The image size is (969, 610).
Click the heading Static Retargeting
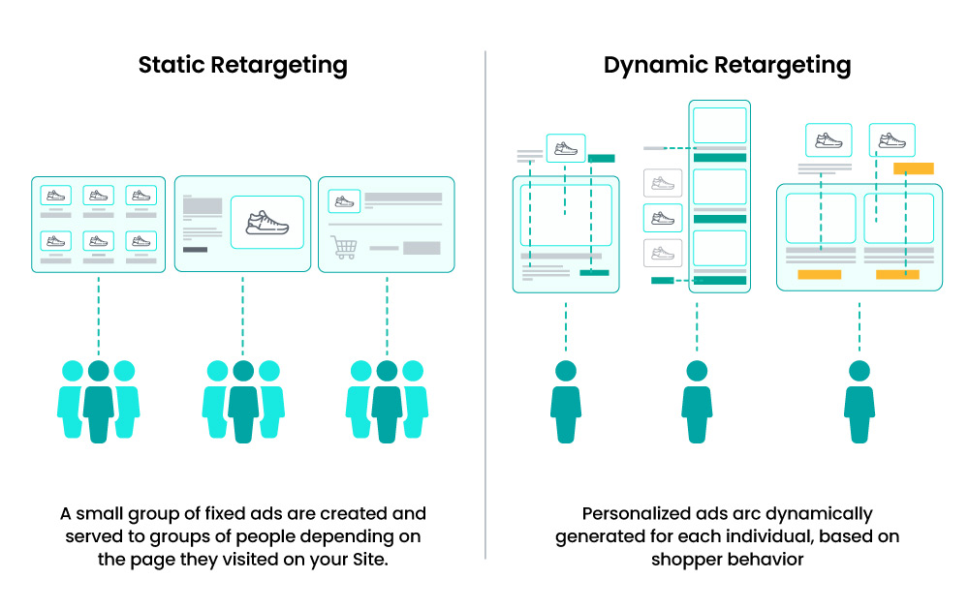click(242, 66)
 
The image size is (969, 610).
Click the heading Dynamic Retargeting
click(727, 66)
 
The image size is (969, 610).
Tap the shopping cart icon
click(343, 247)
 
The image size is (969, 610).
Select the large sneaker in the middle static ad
click(267, 223)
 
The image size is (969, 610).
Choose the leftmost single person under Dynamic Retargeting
click(565, 401)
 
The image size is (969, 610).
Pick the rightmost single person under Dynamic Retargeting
click(859, 401)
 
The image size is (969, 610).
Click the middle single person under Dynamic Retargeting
click(696, 401)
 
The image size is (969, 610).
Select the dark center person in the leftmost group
click(98, 401)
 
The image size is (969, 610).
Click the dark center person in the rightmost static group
click(387, 401)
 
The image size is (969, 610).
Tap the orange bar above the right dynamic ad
click(913, 168)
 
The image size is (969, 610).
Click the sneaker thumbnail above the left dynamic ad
click(566, 148)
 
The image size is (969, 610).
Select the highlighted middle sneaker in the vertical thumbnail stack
click(663, 218)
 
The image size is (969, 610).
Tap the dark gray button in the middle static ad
click(195, 249)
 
